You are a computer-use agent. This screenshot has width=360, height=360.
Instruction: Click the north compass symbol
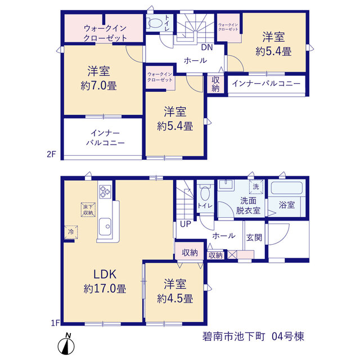point(66,344)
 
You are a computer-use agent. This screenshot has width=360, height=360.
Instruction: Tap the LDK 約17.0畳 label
point(105,281)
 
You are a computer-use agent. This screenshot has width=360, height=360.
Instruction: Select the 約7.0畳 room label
point(99,78)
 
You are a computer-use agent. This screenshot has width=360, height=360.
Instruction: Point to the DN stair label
point(207,47)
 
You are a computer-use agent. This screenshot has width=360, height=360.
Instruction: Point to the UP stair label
point(186,224)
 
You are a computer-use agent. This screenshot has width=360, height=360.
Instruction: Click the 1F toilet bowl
point(205,193)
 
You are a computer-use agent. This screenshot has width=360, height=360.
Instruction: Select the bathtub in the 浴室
point(286,188)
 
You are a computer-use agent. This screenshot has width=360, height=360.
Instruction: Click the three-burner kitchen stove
point(105,191)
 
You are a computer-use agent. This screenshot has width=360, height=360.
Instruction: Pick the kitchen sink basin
point(105,227)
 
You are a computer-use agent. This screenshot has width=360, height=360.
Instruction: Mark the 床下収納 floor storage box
point(88,210)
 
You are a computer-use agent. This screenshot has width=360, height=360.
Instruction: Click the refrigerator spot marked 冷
point(71,232)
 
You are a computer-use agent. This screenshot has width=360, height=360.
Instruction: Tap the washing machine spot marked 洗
point(256,187)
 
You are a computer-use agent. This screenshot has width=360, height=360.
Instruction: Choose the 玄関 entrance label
point(254,237)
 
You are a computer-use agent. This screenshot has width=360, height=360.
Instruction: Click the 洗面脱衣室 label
point(248,205)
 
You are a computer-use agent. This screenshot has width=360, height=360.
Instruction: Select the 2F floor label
point(51,154)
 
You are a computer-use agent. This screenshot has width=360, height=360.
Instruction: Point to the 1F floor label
point(55,323)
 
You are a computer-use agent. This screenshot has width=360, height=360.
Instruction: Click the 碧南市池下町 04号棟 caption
point(253,336)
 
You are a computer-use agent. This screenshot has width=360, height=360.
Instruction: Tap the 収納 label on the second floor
point(215,84)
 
